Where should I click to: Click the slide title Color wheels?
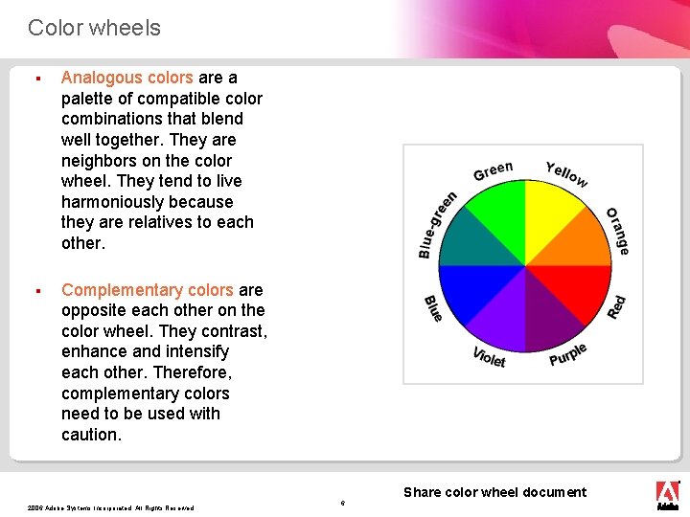(94, 28)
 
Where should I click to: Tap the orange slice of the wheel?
(580, 243)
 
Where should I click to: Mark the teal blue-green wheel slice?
(471, 244)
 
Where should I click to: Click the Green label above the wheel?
(493, 170)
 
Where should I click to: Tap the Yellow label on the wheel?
(566, 173)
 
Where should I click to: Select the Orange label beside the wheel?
(618, 231)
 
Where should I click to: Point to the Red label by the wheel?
(617, 306)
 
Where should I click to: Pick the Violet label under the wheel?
(489, 357)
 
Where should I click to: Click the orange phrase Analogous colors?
(127, 78)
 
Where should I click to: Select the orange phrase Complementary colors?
(148, 289)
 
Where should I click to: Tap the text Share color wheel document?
(494, 492)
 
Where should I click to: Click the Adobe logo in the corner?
(667, 494)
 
